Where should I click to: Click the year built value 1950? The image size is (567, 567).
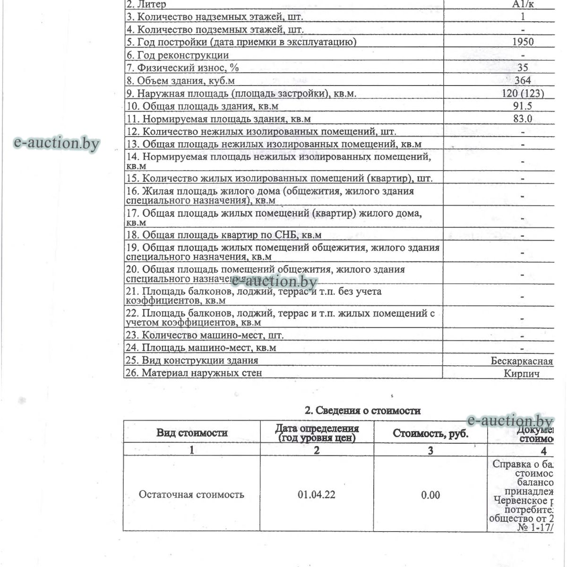[523, 42]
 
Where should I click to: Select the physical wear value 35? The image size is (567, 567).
[523, 68]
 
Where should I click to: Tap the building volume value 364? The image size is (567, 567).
[523, 80]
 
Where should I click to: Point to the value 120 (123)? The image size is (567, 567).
[523, 93]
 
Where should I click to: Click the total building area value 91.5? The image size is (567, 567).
[523, 106]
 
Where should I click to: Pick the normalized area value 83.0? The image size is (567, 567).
[523, 119]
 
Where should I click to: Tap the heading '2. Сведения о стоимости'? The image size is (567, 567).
[362, 410]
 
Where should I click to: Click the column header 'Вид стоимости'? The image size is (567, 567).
[192, 432]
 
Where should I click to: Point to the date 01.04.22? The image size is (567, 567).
[317, 495]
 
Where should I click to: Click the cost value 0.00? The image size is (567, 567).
[430, 495]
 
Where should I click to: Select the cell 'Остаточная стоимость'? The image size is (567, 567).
[191, 495]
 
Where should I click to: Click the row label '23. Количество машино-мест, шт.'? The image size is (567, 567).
[205, 335]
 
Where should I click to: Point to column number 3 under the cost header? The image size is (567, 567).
[430, 450]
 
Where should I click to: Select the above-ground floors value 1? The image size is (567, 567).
[523, 17]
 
